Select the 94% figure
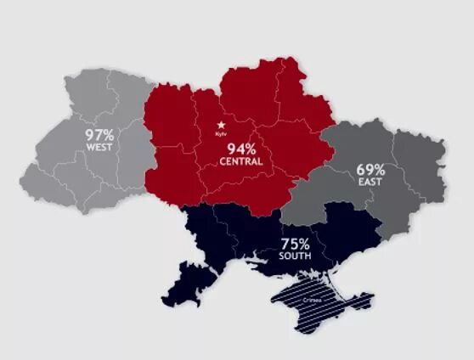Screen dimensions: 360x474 238,149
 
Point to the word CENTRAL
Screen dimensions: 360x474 239,162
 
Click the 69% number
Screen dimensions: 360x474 371,168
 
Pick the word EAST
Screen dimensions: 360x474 371,182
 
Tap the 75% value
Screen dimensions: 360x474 296,240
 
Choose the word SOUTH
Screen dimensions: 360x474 296,254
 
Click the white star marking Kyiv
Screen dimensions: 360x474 223,125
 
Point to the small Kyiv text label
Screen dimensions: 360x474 223,136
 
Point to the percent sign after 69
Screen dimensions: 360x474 383,168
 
